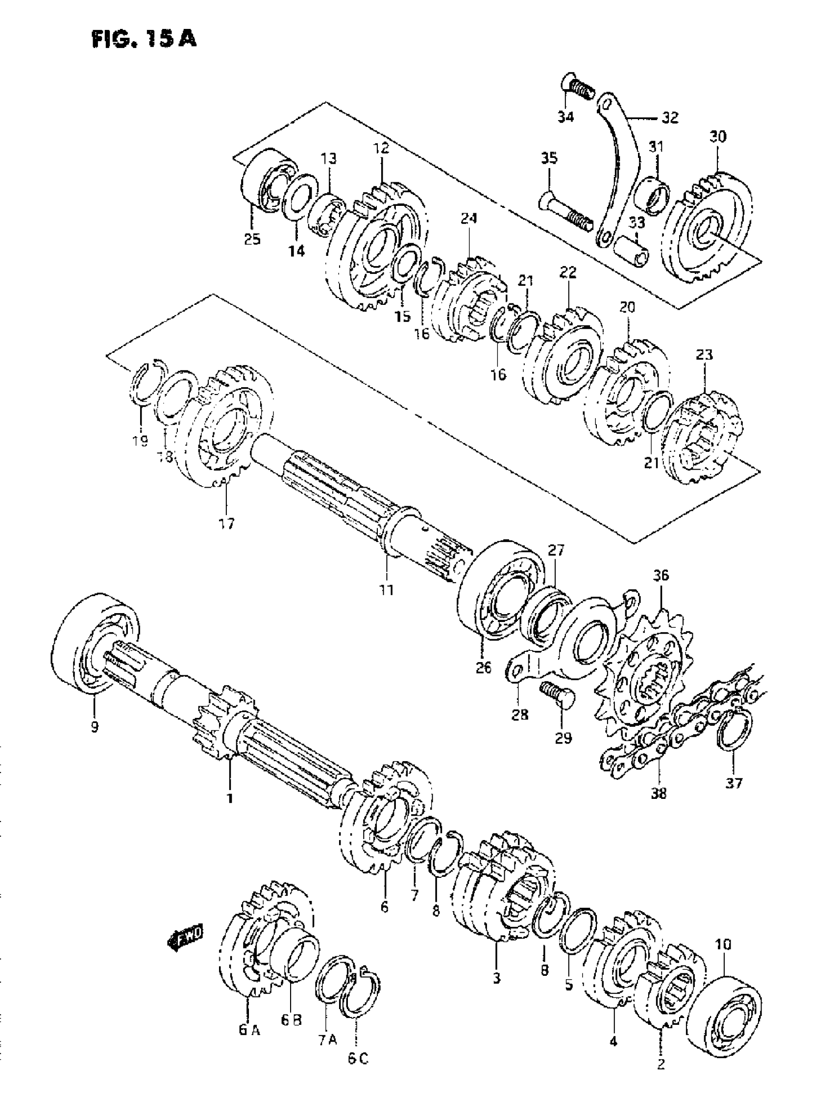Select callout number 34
click(x=566, y=117)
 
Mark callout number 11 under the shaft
click(x=387, y=590)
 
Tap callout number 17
click(x=227, y=524)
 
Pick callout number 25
click(x=252, y=239)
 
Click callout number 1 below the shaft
click(x=230, y=798)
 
